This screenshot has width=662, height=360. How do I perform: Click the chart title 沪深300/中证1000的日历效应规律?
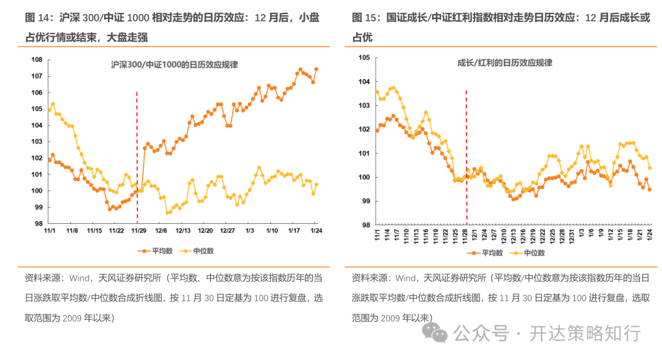click(174, 64)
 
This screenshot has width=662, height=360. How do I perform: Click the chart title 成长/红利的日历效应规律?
click(504, 63)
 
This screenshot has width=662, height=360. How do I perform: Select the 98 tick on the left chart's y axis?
click(38, 224)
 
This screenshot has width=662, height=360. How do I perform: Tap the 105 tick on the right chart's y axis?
click(364, 58)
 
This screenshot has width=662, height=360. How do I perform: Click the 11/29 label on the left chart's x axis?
click(139, 231)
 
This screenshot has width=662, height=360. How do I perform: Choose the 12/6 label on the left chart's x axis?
click(161, 231)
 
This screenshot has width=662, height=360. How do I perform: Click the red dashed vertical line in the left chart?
click(137, 153)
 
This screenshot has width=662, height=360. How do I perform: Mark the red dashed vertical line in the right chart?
click(466, 153)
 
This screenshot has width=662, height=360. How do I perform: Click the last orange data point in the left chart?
click(316, 69)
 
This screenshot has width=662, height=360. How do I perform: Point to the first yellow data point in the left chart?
click(50, 110)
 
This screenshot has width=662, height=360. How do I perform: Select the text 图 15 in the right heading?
click(364, 18)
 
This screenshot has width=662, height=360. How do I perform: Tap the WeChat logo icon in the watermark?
click(438, 333)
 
